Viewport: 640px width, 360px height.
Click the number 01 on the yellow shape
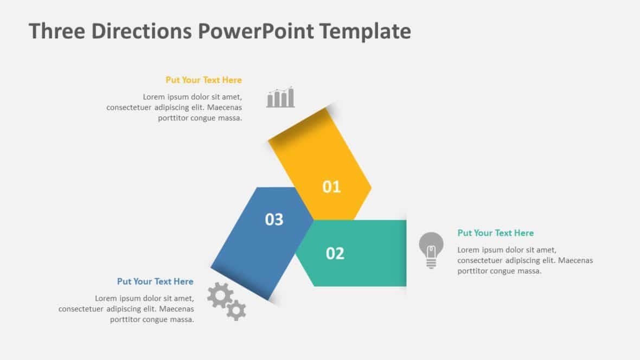[x=331, y=187]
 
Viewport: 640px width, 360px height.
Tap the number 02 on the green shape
[x=335, y=253]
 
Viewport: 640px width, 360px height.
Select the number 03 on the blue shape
[x=274, y=220]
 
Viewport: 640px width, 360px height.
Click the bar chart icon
[x=280, y=98]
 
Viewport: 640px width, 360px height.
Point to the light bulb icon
[x=431, y=249]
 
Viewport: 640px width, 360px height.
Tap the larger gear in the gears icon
[x=220, y=295]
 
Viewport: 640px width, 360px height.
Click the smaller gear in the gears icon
[x=236, y=310]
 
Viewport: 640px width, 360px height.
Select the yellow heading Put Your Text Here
[x=203, y=80]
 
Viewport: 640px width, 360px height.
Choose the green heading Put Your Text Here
[x=495, y=233]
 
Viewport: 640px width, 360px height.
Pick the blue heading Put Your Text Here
[x=155, y=281]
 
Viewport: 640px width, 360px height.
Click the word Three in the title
[x=56, y=31]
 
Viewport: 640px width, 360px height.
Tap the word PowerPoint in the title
[x=255, y=31]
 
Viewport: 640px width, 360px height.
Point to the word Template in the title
[x=364, y=31]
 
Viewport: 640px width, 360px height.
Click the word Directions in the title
[x=141, y=31]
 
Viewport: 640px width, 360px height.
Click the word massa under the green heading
[x=529, y=271]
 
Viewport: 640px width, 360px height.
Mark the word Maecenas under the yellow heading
[x=225, y=107]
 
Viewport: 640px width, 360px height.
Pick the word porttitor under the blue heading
[x=127, y=320]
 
